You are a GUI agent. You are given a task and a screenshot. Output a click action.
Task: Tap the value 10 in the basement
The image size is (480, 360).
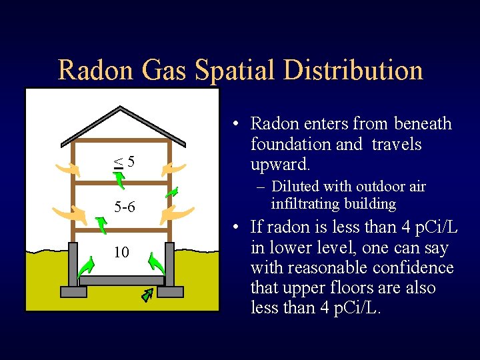(x=121, y=252)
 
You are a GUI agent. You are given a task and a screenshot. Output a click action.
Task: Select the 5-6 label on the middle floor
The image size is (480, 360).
(x=124, y=207)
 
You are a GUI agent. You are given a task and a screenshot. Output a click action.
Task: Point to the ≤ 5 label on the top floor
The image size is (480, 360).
(x=123, y=161)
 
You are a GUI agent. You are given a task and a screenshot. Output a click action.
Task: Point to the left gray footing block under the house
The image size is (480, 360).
(x=73, y=291)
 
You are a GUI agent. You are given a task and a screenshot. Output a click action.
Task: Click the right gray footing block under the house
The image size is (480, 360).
(x=170, y=291)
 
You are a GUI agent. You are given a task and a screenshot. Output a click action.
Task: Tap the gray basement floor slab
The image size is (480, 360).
(x=121, y=281)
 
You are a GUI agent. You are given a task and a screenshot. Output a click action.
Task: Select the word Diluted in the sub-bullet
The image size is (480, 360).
(x=295, y=187)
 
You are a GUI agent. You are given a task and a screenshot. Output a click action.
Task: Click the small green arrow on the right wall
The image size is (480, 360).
(x=171, y=192)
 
